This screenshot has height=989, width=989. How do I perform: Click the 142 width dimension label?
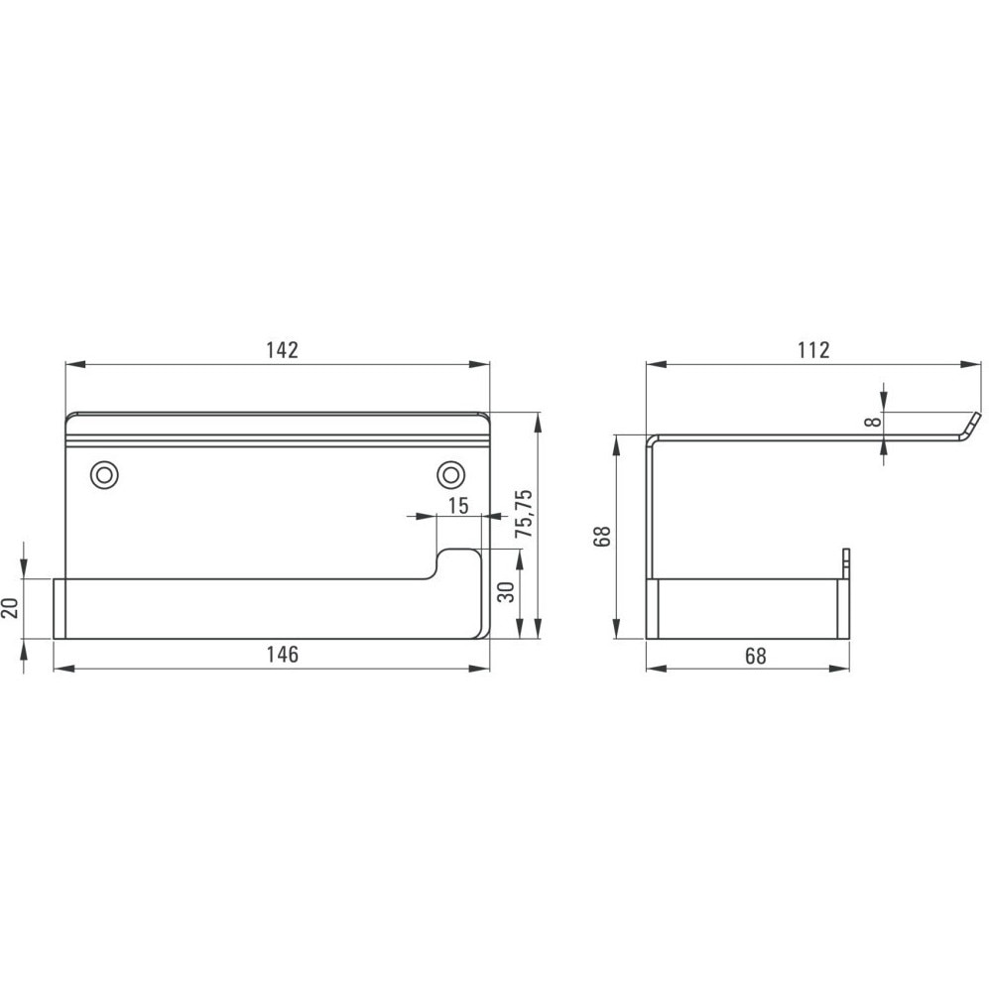coord(282,350)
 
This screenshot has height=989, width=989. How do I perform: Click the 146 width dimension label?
coord(282,655)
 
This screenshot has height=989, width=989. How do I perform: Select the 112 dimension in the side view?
coord(813,350)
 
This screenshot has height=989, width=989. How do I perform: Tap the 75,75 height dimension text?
coord(524,514)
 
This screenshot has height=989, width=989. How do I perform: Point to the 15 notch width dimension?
coord(458,505)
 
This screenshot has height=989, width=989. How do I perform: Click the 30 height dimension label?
coord(507,591)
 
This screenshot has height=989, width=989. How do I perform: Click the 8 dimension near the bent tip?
coord(873,422)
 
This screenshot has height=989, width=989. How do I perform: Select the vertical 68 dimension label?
coord(602,536)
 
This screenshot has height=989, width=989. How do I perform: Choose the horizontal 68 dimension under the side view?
coord(755,656)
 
